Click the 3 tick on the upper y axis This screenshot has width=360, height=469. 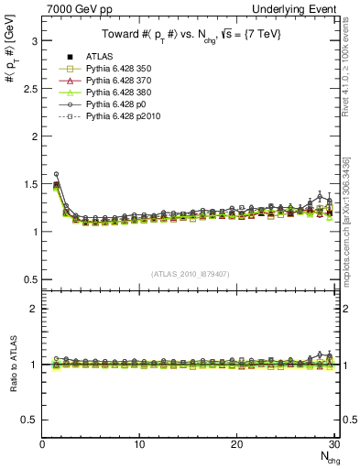(x=34, y=41)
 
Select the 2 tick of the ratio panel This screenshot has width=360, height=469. (x=34, y=309)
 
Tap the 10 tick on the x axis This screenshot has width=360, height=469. (x=139, y=445)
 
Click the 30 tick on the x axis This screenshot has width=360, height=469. (x=334, y=445)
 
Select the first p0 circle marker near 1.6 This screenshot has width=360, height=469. (x=56, y=174)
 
